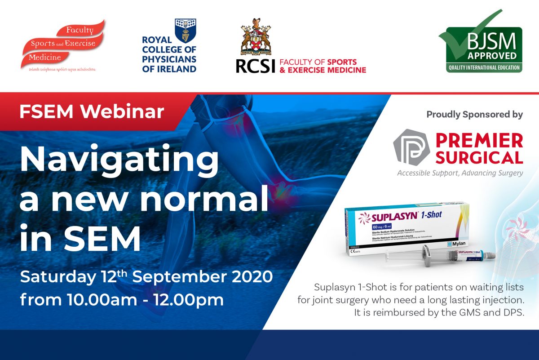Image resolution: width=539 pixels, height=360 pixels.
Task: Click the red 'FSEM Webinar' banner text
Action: pos(92,111)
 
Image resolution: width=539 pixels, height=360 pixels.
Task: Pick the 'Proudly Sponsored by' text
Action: pos(474,115)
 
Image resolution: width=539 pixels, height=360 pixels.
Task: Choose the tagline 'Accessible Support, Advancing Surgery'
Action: pos(459,173)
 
